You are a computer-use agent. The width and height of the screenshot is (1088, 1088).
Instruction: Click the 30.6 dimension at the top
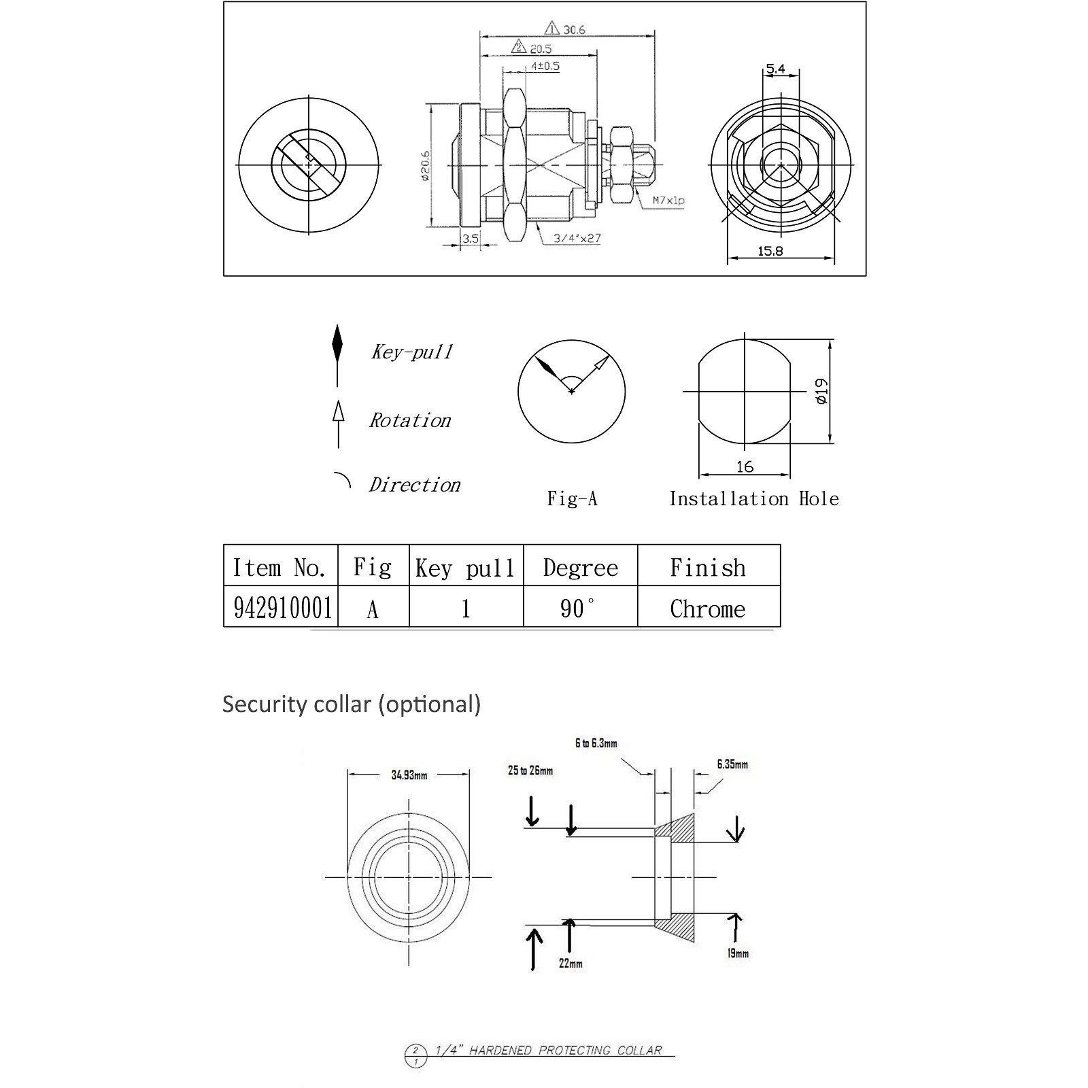coord(573,30)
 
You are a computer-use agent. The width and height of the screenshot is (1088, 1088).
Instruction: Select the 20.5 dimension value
coord(541,49)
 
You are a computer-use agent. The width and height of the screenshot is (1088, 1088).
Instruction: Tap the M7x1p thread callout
coord(668,201)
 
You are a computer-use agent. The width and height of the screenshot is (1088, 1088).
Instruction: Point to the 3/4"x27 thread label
coord(577,238)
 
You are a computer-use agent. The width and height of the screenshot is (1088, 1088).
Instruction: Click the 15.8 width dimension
coord(770,251)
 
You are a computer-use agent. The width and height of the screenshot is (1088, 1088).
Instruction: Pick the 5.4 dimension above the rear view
coord(775,69)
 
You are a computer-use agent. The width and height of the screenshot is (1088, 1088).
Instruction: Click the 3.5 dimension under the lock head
coord(470,239)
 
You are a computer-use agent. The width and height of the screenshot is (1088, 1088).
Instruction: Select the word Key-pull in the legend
coord(411,352)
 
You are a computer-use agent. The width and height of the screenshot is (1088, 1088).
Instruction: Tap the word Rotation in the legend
coord(410,420)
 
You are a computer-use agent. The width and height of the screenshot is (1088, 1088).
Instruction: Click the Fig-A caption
coord(572,498)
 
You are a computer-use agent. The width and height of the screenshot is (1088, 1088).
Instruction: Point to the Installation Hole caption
coord(753,498)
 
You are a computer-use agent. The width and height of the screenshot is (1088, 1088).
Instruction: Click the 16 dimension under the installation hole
coord(745,466)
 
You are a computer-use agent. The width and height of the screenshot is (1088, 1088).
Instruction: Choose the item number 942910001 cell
coord(282,608)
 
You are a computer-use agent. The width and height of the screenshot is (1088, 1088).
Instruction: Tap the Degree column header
coord(581,568)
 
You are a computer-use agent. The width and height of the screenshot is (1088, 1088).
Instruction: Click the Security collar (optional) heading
coord(351,704)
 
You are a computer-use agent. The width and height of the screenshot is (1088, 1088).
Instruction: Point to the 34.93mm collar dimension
coord(409,775)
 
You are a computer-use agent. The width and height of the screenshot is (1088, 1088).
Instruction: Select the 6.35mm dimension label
coord(732,764)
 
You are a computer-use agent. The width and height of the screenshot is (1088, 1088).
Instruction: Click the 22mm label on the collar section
coord(571,963)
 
